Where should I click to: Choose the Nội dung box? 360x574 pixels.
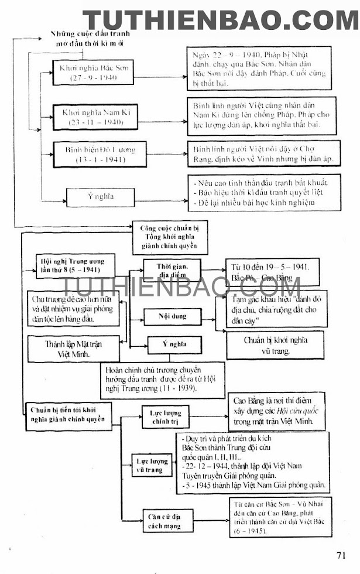[172, 316]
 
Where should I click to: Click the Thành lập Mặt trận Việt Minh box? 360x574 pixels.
[73, 349]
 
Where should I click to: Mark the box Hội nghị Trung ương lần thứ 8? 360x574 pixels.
[70, 265]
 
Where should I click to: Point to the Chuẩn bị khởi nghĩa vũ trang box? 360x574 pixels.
[275, 344]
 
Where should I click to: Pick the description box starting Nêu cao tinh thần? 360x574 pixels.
[264, 193]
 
